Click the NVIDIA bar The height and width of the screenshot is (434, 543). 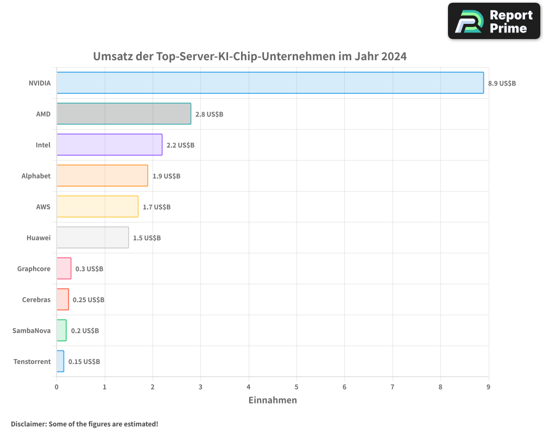pos(270,83)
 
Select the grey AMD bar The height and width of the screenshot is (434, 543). pos(124,114)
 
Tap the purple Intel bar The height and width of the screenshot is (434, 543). pos(109,145)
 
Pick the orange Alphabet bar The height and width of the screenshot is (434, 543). pos(102,176)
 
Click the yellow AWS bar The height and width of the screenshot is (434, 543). pos(97,207)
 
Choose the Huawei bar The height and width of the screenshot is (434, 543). pos(92,238)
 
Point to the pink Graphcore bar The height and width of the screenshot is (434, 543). pos(64,269)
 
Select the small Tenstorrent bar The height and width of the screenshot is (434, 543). pos(60,361)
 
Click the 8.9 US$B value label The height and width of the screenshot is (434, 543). pos(502,84)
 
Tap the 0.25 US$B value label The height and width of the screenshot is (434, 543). pos(89,300)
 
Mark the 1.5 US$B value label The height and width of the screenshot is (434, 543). pos(147,238)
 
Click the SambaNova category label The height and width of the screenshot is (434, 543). pos(31,330)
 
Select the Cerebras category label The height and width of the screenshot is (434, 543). pos(36,299)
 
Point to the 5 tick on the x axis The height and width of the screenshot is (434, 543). pos(296,387)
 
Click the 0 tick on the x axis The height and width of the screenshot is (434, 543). pos(56,387)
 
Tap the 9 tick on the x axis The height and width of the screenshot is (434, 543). pos(488,387)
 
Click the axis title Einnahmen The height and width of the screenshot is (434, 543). pos(273,400)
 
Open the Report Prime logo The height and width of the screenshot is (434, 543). pos(494,21)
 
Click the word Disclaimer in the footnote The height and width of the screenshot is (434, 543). pos(28,424)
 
